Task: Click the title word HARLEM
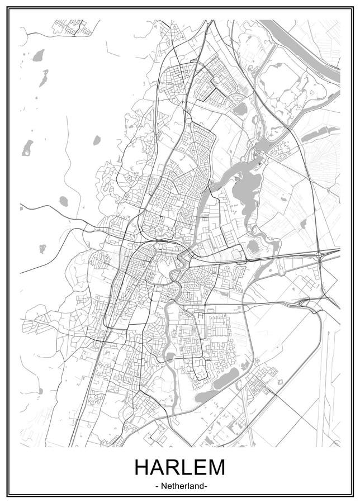pos(180,467)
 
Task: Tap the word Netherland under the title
pos(180,486)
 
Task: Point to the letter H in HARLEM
pos(142,467)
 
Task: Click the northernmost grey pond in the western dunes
pos(38,55)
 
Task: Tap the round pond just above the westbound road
pos(63,201)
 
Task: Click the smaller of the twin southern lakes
pos(207,396)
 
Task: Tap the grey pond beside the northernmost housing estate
pos(239,108)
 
